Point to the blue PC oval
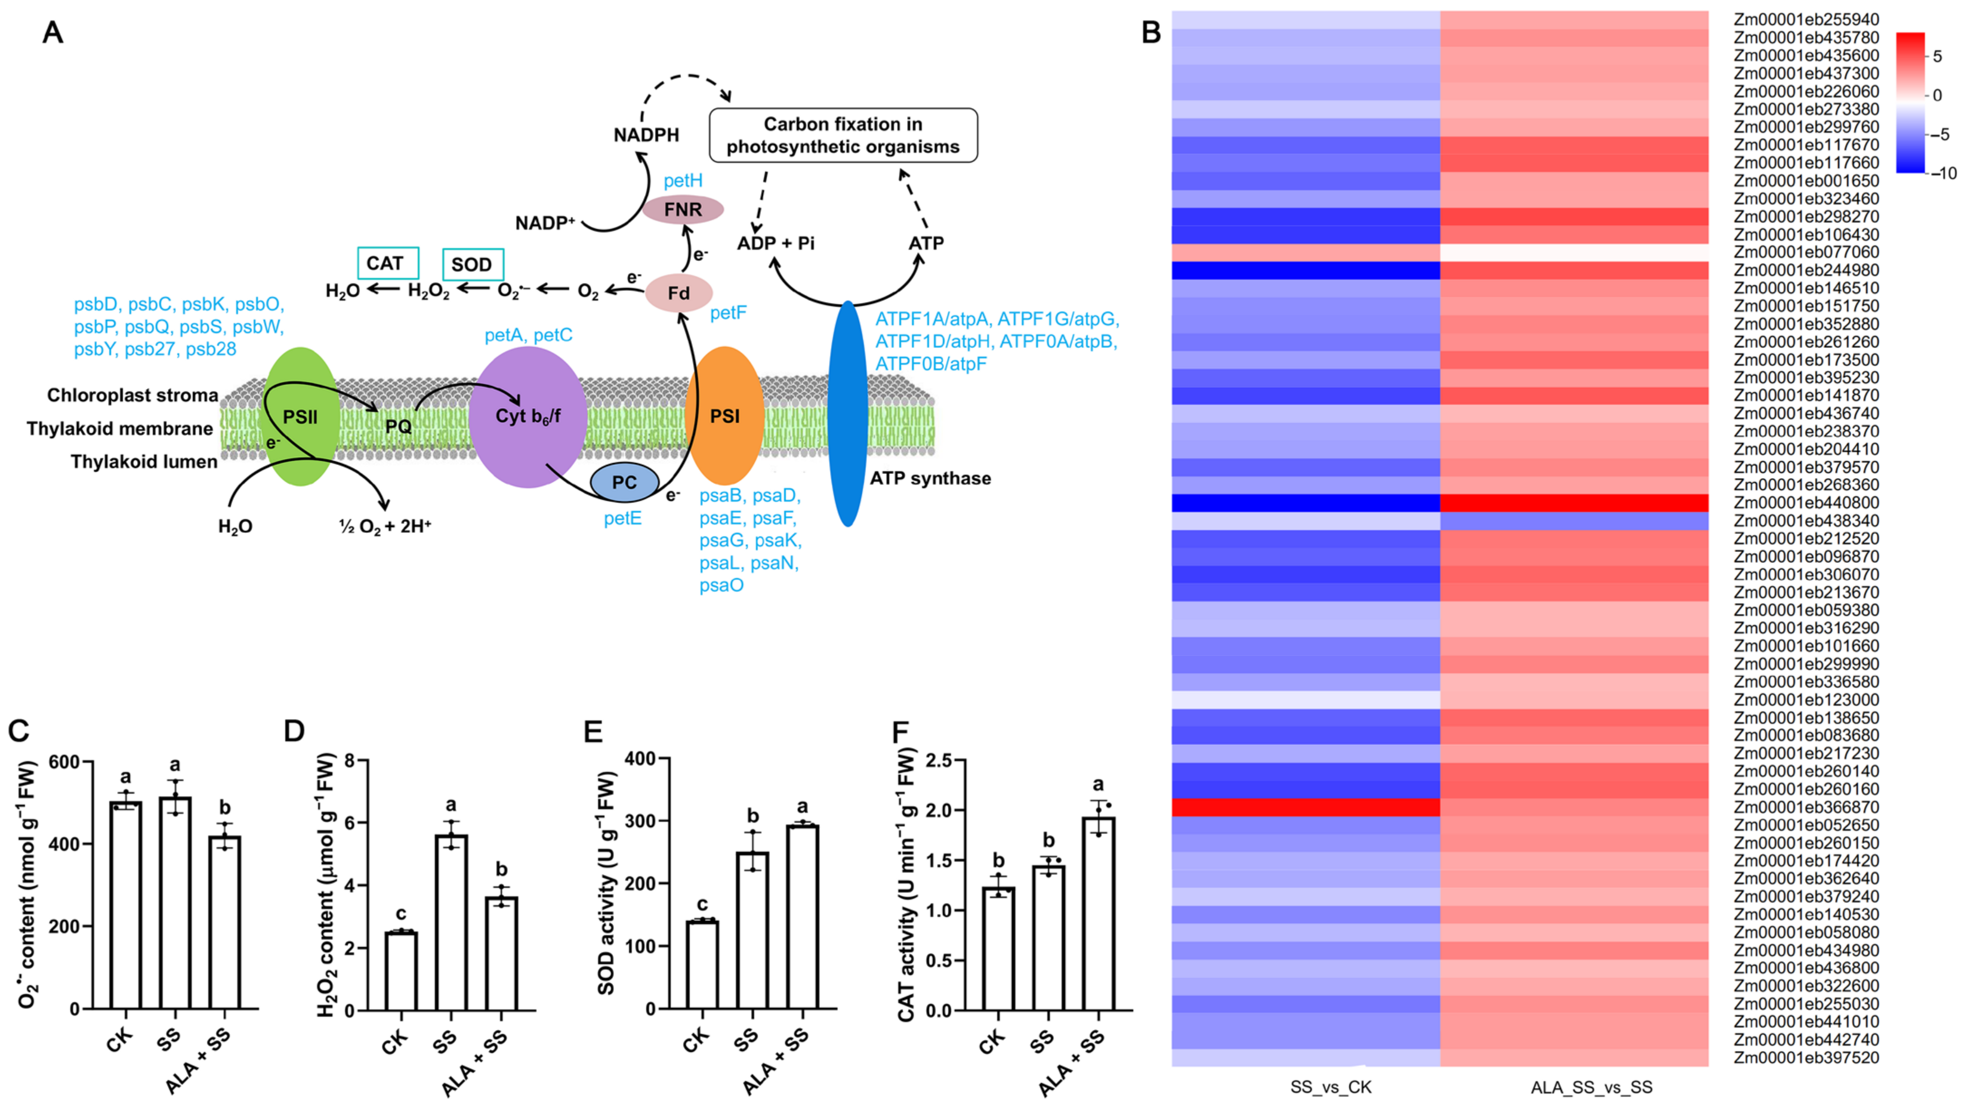(624, 482)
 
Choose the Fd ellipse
(678, 294)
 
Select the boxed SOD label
(473, 264)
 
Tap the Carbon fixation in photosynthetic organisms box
(843, 135)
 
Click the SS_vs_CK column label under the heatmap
(1330, 1087)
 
